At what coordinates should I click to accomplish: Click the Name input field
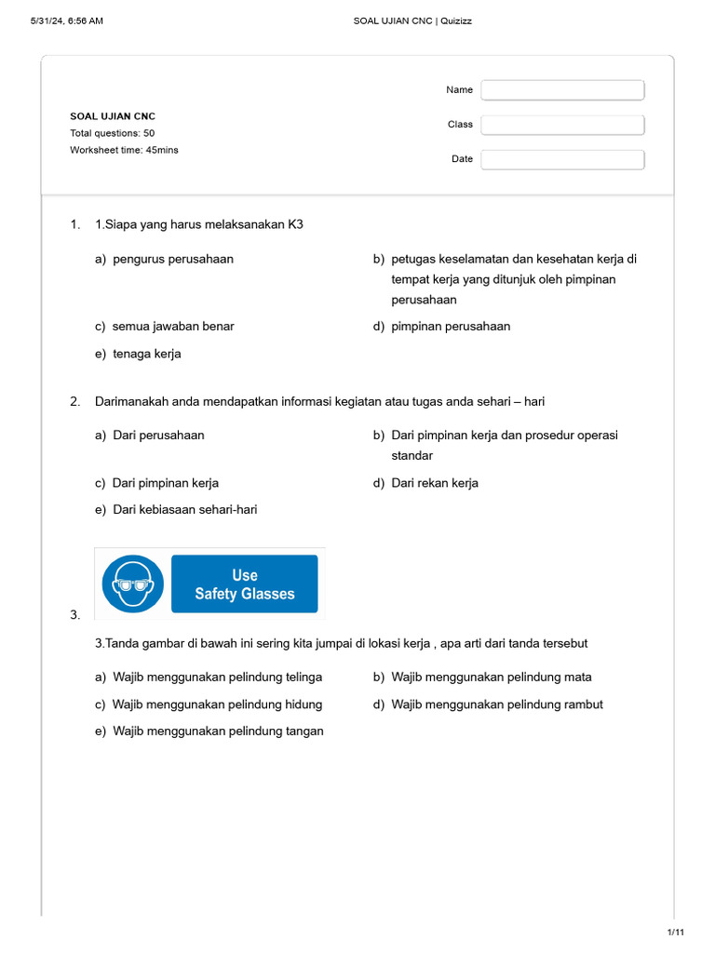[562, 90]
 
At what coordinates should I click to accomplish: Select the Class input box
[562, 125]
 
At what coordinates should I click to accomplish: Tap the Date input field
[562, 159]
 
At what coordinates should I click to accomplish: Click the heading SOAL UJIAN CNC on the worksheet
[113, 116]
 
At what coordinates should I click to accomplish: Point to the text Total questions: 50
[113, 133]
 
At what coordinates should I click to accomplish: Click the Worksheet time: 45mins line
[124, 150]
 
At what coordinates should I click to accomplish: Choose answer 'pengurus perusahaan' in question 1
[173, 260]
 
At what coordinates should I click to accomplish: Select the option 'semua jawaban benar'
[173, 327]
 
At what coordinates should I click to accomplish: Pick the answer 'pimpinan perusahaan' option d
[451, 327]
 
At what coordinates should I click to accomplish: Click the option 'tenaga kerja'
[147, 354]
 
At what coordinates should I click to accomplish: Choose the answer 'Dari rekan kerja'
[435, 483]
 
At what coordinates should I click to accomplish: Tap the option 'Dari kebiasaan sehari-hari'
[184, 510]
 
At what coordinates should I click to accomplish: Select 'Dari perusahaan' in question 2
[158, 436]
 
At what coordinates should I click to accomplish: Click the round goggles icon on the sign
[133, 584]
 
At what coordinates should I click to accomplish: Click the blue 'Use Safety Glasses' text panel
[245, 584]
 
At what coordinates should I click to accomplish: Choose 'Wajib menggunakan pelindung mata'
[491, 678]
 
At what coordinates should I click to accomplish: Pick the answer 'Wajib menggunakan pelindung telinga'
[217, 678]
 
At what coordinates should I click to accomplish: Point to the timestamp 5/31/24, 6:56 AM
[66, 21]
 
